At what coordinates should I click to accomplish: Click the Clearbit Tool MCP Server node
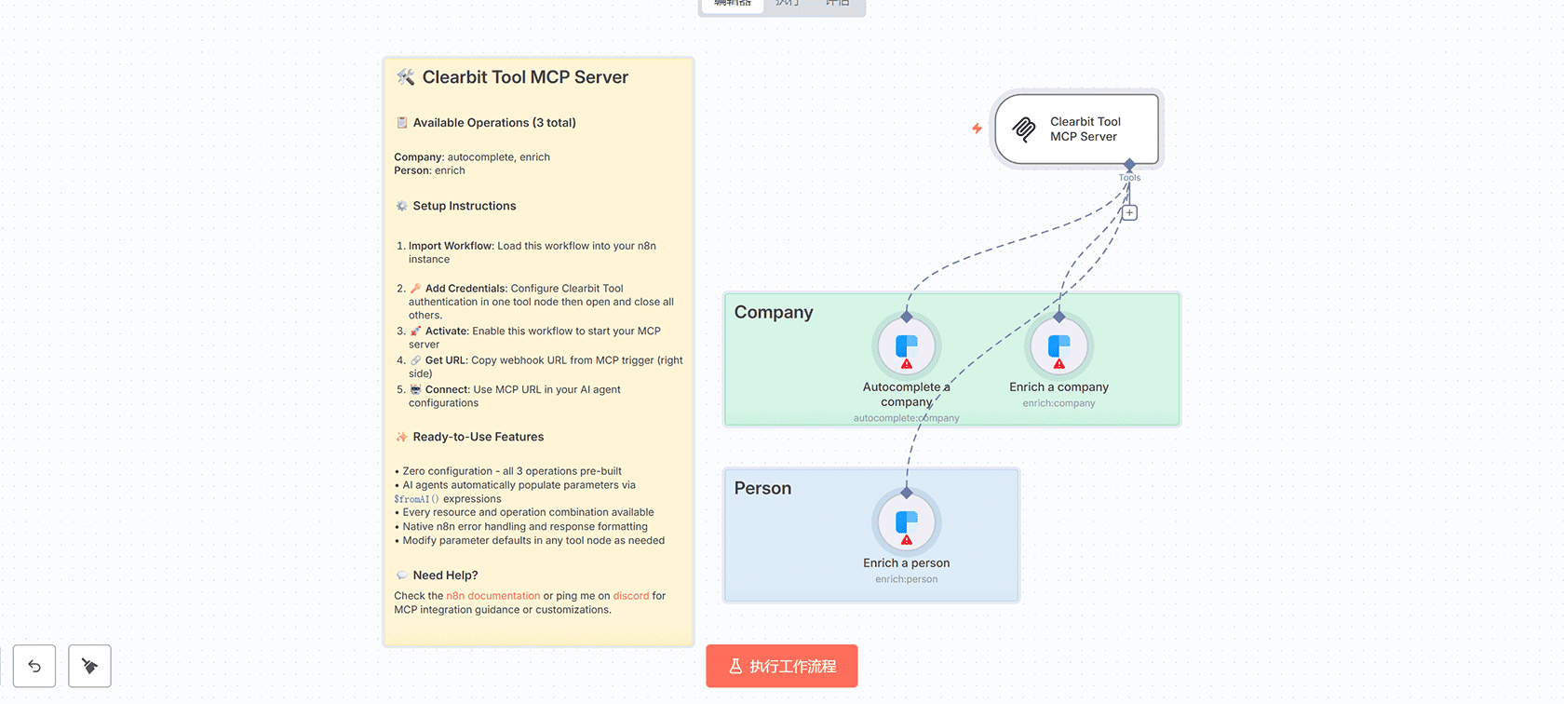pos(1077,129)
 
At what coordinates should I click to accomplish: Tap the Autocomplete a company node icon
pos(907,346)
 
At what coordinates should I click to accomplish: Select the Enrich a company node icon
pos(1058,346)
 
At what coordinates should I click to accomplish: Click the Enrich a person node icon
pos(907,522)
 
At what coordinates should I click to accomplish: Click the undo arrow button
pos(34,666)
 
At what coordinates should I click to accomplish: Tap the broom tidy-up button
pos(89,666)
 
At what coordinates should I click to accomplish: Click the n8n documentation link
pos(492,596)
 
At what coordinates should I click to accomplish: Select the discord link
pos(630,596)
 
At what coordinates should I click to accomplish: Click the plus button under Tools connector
pos(1129,213)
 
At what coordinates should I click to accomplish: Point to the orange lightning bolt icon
pos(977,129)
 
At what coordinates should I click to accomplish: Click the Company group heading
pos(774,313)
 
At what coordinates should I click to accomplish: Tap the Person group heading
pos(762,489)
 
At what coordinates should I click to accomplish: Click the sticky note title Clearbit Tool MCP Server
pos(525,77)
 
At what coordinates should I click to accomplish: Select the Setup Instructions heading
pos(464,206)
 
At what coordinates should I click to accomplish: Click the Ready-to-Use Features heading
pos(478,437)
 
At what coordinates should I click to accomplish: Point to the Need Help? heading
pos(445,575)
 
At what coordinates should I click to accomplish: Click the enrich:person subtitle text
pos(906,579)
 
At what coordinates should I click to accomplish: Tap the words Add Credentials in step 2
pos(465,289)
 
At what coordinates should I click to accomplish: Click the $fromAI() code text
pos(415,499)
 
